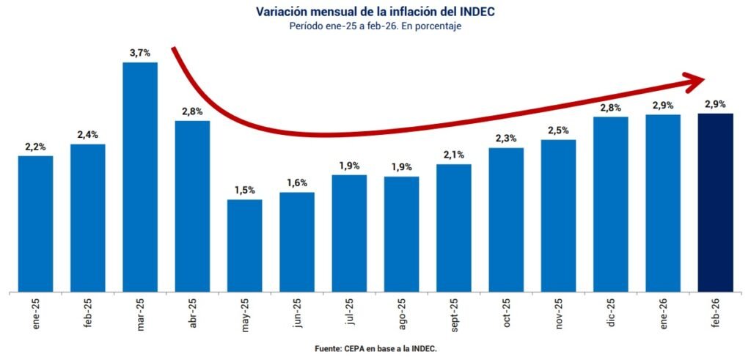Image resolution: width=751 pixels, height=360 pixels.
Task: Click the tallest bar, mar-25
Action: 140,176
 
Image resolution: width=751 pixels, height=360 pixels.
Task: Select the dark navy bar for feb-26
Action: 715,202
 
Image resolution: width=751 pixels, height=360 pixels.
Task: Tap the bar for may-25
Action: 245,245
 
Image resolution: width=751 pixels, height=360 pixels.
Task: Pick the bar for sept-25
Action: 454,227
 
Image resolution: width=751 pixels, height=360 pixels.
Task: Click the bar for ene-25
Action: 35,224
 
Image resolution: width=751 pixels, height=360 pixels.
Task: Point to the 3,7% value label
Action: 140,53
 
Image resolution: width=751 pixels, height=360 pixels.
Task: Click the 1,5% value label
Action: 245,190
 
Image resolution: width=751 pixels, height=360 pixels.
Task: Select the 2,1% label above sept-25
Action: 454,155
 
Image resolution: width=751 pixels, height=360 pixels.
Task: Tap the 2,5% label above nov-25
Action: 559,131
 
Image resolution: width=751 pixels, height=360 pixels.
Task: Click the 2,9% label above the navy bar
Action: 715,103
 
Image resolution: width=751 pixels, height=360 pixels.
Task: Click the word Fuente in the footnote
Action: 328,349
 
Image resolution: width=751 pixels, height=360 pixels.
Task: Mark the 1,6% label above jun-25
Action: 297,183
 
